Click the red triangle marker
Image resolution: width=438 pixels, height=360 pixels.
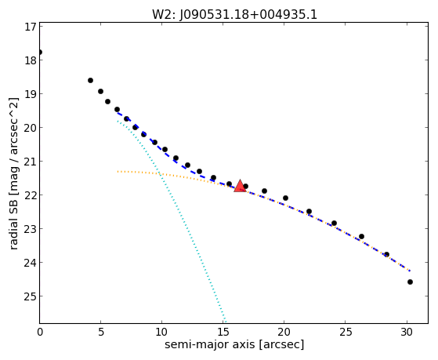(x=240, y=187)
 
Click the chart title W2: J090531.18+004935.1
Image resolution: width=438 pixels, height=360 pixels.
(x=234, y=14)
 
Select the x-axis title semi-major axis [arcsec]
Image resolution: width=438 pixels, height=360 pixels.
(x=234, y=344)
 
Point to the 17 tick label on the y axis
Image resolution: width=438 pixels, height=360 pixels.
(x=30, y=27)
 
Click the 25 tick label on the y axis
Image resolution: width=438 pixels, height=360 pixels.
(x=30, y=296)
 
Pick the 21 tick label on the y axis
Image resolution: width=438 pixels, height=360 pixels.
(x=30, y=161)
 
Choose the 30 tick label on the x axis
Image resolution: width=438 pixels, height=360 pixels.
(x=407, y=332)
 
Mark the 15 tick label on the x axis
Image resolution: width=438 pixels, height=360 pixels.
(x=223, y=332)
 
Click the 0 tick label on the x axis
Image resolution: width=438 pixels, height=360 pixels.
(x=40, y=332)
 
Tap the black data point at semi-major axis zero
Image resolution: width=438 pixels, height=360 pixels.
(x=40, y=53)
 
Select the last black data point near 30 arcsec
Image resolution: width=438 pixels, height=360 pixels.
(x=410, y=282)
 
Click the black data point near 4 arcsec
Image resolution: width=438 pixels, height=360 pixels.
(x=90, y=81)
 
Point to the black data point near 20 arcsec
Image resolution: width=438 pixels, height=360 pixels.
(x=285, y=198)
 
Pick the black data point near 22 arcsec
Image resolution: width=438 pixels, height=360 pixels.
(x=309, y=212)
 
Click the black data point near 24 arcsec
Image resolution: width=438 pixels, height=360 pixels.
(x=334, y=224)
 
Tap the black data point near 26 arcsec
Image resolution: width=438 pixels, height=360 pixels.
(x=361, y=236)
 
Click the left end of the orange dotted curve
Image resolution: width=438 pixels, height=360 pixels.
(x=118, y=171)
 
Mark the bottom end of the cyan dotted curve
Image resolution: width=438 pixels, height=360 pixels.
(x=225, y=322)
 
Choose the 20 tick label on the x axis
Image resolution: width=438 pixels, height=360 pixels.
(x=284, y=332)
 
